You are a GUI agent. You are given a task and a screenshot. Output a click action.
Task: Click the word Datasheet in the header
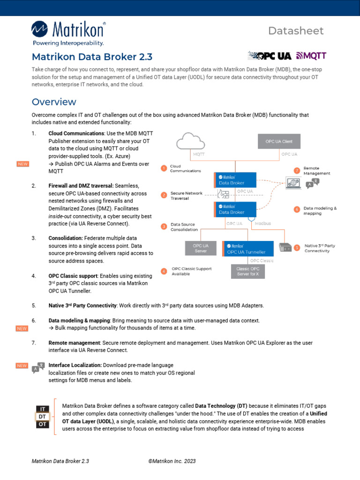click(x=296, y=31)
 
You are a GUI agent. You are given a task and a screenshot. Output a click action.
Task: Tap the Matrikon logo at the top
click(x=68, y=33)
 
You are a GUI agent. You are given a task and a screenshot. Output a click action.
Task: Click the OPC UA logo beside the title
click(x=270, y=56)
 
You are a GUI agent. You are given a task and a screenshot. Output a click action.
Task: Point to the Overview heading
click(x=53, y=102)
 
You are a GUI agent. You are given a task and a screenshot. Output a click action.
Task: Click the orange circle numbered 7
click(x=297, y=171)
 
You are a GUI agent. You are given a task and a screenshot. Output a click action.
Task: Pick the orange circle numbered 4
click(x=164, y=271)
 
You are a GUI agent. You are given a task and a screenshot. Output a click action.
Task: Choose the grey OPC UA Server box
click(x=201, y=247)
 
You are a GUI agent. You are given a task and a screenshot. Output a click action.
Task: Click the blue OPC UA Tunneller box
click(x=247, y=248)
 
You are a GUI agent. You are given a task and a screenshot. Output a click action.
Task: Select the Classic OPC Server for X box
click(x=248, y=271)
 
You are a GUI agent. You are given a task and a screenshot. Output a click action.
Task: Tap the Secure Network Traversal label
click(x=187, y=195)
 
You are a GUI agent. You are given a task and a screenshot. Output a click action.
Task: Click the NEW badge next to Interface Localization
click(x=22, y=365)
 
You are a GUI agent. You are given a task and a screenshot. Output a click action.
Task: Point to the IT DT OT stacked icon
click(x=42, y=416)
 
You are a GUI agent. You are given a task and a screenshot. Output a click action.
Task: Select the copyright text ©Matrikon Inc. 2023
click(x=172, y=461)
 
